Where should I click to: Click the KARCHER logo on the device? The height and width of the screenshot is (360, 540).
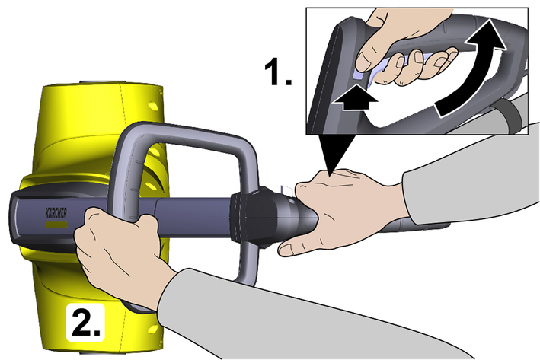[x=56, y=213]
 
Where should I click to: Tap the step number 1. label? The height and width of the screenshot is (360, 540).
[x=278, y=72]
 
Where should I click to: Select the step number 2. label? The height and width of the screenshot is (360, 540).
[x=86, y=323]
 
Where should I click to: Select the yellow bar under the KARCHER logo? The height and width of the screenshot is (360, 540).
[x=56, y=225]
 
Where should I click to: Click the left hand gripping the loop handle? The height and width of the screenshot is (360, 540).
[x=120, y=251]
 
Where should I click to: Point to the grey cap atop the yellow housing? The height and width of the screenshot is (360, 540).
[x=100, y=83]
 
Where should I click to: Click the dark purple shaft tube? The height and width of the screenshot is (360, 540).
[x=193, y=217]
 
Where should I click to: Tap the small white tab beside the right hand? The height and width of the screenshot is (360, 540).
[x=286, y=190]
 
